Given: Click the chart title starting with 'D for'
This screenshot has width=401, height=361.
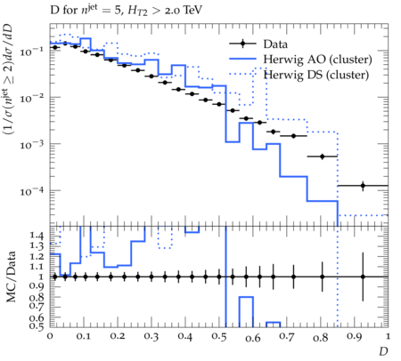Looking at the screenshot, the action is pos(127,11).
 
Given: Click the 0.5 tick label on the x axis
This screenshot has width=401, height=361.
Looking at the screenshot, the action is pos(219,337).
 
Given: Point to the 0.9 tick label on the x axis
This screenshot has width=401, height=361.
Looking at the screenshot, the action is pos(355,337).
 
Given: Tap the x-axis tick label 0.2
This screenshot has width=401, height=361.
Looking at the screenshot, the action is pos(118,337).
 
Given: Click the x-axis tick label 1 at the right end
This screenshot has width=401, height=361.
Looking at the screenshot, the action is pos(388,336).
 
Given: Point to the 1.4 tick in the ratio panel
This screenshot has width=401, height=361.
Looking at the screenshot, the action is pos(37,237).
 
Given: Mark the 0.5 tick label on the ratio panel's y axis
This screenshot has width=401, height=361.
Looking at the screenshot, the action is pos(37,326).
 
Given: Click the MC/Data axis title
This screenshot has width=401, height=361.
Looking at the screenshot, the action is pos(11,277).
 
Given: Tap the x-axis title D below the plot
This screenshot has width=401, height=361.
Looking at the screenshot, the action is pos(383,352).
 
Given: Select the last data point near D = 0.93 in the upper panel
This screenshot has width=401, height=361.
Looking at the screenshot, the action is pos(363,186).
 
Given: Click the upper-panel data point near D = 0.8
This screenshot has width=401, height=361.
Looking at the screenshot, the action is pos(323,156).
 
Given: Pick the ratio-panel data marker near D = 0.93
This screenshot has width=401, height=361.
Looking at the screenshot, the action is pos(363,277).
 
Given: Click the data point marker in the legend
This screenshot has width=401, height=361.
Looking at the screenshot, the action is pos(242,44).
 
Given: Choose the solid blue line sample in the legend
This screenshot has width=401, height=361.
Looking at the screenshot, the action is pos(242,60).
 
